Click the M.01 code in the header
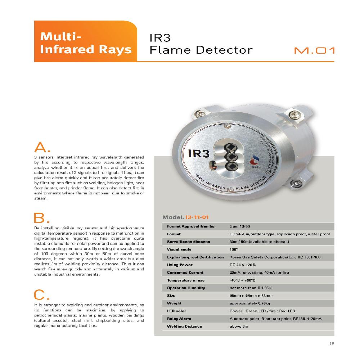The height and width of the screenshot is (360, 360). pos(314,51)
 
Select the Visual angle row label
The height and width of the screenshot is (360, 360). pos(179,249)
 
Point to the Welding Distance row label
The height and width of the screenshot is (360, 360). pos(184,327)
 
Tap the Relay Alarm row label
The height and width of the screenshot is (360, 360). pos(179,319)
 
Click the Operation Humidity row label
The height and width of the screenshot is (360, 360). pos(186,288)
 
